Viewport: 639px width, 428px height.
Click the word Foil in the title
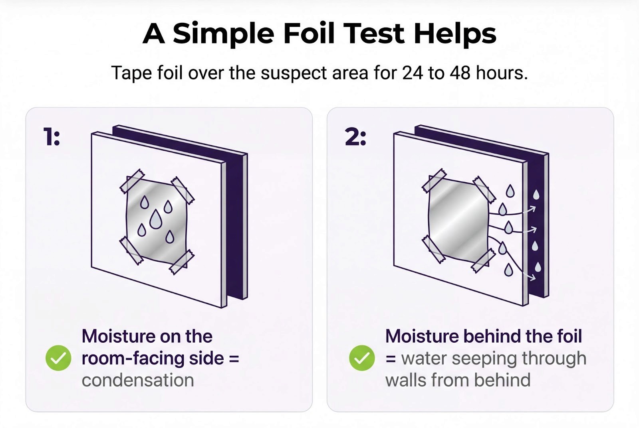point(308,33)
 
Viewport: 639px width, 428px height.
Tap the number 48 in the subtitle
point(460,73)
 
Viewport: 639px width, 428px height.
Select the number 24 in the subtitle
point(412,73)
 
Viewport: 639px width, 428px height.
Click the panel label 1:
point(52,136)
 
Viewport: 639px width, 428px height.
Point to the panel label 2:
point(355,136)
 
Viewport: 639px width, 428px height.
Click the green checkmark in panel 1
point(58,358)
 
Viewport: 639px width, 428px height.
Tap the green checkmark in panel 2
point(362,358)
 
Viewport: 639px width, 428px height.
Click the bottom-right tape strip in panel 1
point(182,262)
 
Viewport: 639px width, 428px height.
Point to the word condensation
point(138,380)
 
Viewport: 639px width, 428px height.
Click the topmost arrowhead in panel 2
point(533,208)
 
